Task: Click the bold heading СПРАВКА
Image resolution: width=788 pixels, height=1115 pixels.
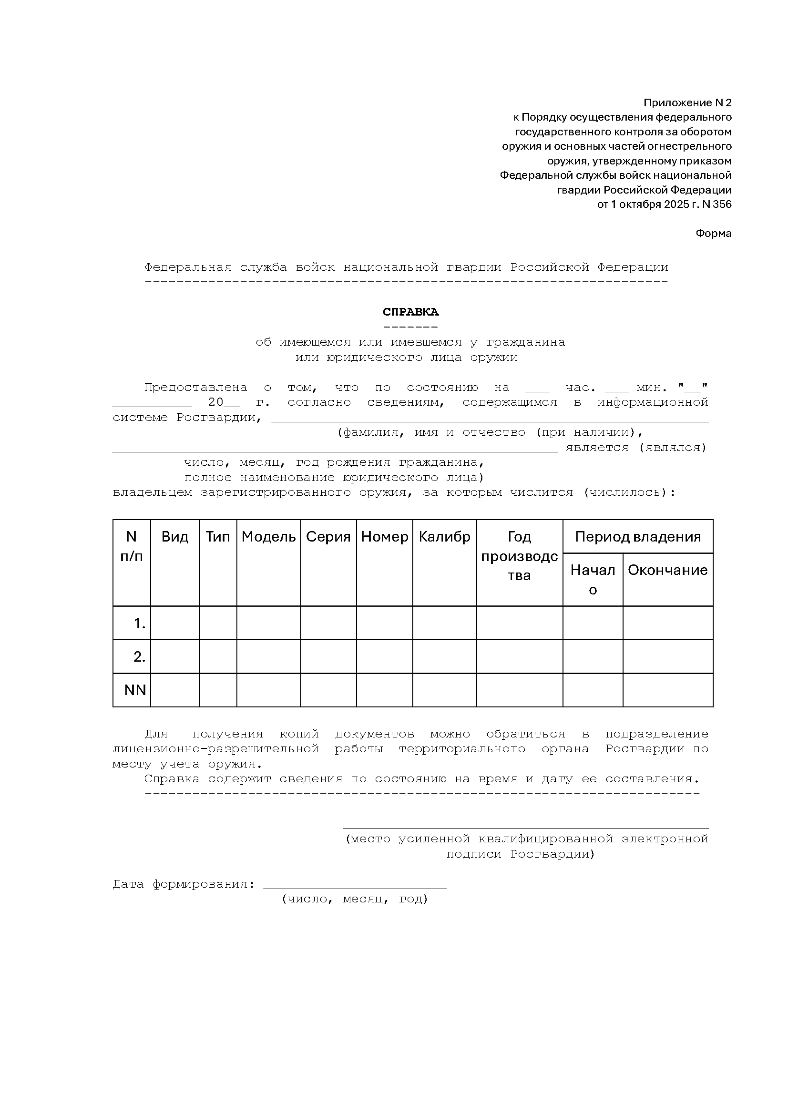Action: click(x=410, y=312)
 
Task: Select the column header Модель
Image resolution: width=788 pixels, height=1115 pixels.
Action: click(x=268, y=537)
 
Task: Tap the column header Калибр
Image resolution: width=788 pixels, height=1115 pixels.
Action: click(x=444, y=537)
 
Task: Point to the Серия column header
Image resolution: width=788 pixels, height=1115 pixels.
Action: click(x=328, y=537)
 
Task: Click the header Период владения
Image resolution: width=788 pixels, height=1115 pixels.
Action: click(x=637, y=537)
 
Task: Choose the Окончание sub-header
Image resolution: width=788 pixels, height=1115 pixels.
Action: click(x=667, y=570)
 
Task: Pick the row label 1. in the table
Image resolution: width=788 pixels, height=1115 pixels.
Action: click(x=139, y=623)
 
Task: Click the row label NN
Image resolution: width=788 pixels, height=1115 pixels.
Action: click(x=135, y=690)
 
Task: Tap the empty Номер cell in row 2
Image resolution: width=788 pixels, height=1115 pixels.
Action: click(x=385, y=656)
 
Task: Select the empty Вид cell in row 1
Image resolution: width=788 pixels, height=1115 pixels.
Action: click(x=175, y=623)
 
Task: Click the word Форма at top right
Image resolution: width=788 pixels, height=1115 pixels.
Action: click(x=713, y=234)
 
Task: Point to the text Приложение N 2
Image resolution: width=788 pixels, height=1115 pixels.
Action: click(x=687, y=103)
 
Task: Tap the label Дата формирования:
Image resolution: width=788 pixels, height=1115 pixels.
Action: click(x=184, y=884)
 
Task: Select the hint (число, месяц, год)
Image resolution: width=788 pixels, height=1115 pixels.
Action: click(x=354, y=900)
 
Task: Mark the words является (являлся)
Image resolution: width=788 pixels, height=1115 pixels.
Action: click(x=635, y=448)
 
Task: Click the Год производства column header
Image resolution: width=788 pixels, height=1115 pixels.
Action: click(x=520, y=556)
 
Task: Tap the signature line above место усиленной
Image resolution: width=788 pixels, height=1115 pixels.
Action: click(x=525, y=828)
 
